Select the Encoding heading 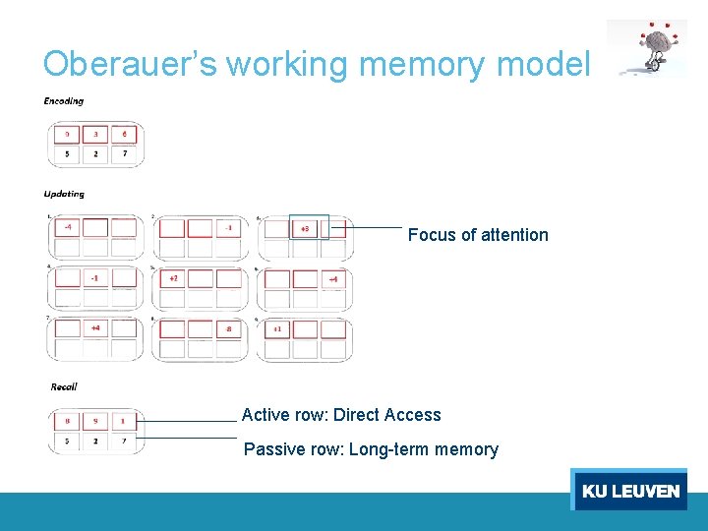[64, 101]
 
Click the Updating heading [65, 195]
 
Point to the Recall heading [64, 387]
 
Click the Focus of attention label [478, 235]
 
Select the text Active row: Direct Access [341, 415]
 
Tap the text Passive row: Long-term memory [371, 449]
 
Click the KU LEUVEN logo [629, 491]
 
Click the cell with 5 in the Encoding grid [67, 154]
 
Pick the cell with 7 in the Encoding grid [125, 154]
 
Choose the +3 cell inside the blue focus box [305, 229]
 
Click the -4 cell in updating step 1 [67, 228]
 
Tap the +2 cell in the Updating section [173, 279]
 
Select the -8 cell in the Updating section [229, 329]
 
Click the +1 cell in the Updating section [278, 329]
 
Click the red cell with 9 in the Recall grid [95, 421]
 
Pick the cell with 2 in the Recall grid [95, 442]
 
